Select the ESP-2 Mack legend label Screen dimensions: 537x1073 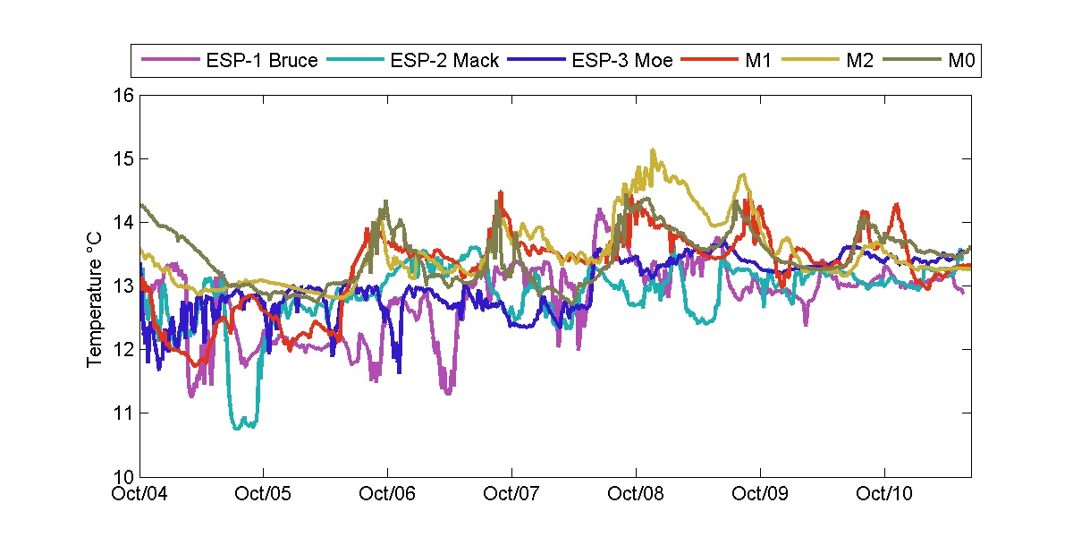[x=444, y=62]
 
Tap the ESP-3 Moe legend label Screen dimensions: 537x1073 [x=621, y=62]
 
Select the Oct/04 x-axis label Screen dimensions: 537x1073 [x=140, y=493]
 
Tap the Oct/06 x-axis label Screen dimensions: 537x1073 [x=387, y=493]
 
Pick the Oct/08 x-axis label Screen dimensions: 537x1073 [x=636, y=493]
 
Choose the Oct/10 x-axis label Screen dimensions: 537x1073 [x=884, y=493]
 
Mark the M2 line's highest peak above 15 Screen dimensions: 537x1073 [x=653, y=150]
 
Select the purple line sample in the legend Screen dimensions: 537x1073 [x=169, y=62]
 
